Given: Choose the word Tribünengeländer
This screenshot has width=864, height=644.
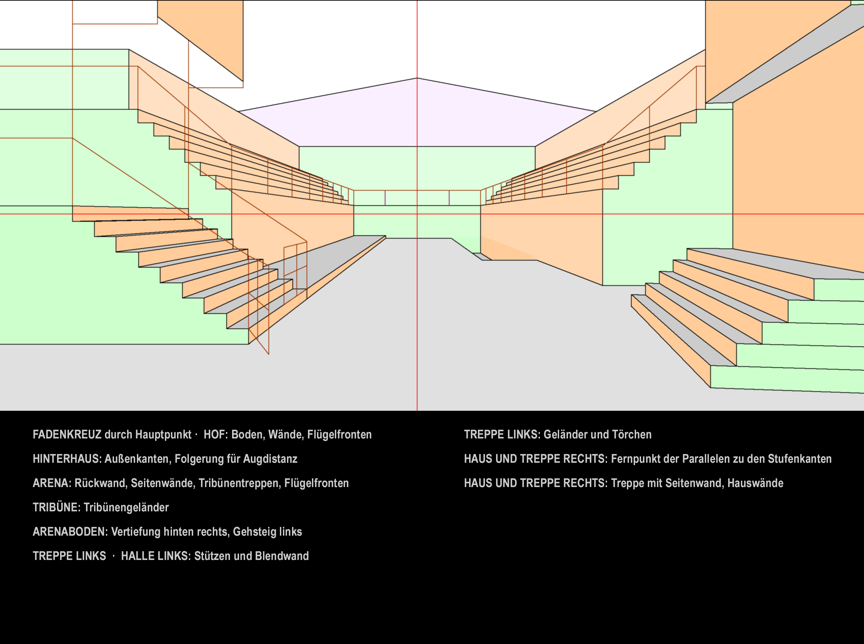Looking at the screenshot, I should (126, 507).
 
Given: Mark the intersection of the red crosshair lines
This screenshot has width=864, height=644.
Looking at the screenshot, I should (417, 214).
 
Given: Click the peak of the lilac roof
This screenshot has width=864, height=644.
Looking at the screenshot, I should (417, 78).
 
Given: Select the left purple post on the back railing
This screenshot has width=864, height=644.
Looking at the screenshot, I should (385, 198).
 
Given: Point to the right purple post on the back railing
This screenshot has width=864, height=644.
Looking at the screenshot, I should (449, 198).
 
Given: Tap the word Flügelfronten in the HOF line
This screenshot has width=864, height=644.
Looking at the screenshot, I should (339, 434).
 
